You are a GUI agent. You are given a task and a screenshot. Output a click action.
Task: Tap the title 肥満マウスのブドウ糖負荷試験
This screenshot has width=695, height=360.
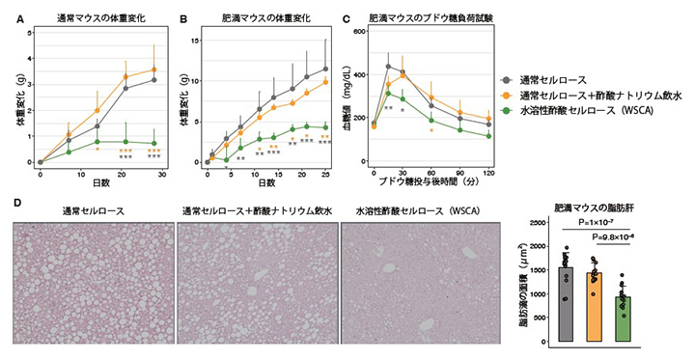[438, 16]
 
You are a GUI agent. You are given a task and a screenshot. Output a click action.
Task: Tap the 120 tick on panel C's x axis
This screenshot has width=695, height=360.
[489, 171]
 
